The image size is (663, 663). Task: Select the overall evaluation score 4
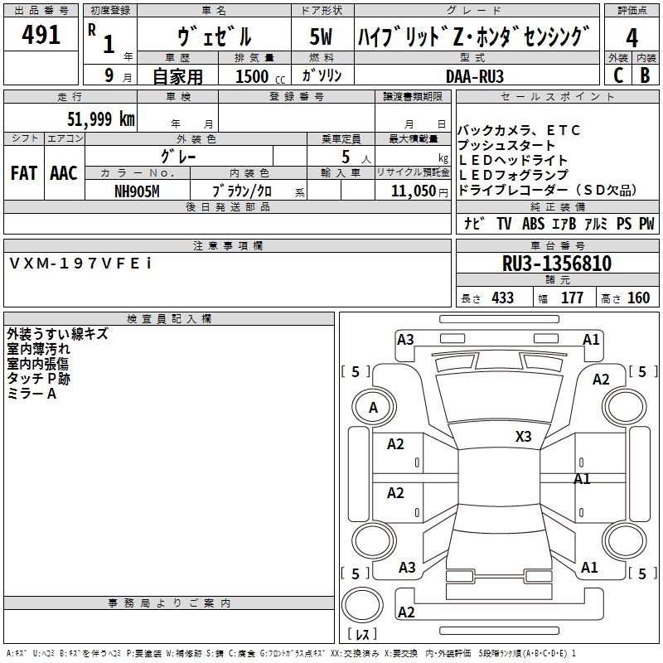point(632,38)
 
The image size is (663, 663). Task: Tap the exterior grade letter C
point(617,75)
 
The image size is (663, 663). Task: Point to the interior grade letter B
point(645,75)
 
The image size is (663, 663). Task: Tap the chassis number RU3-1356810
point(557,264)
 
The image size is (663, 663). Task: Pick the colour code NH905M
point(137,191)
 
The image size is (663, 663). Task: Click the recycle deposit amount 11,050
point(413,191)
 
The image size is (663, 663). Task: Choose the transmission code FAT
point(23,173)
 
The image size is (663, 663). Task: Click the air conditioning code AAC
point(63,173)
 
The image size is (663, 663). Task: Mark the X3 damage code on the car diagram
point(523,436)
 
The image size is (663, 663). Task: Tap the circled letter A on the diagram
point(373,407)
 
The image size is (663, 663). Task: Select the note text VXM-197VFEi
point(80,263)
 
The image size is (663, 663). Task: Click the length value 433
point(502,298)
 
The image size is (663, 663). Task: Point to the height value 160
point(638,298)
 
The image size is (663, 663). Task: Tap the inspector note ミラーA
point(31,393)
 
